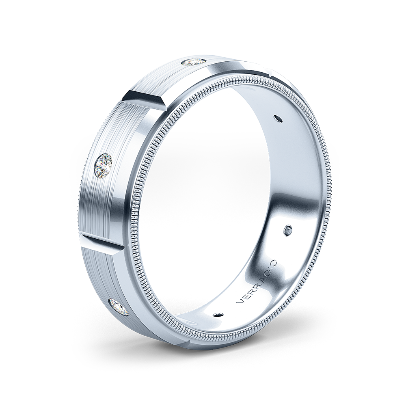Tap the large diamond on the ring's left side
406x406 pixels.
(x=104, y=165)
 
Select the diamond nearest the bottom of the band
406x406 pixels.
(x=119, y=307)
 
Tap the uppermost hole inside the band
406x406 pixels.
(x=278, y=118)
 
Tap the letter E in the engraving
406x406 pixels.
(x=244, y=298)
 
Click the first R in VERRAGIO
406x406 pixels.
(x=250, y=292)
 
